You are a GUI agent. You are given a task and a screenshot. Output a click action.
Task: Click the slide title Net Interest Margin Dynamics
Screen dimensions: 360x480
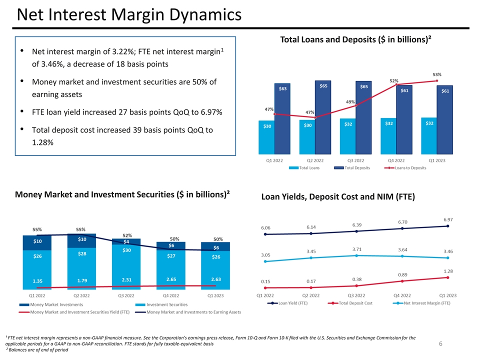(129, 16)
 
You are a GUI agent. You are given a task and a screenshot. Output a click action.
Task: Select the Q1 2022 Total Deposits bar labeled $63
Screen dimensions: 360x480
(282, 120)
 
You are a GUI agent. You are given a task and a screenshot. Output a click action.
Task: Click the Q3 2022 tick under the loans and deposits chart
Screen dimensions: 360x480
(356, 160)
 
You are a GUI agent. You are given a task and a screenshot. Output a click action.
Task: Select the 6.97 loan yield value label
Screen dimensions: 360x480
(448, 219)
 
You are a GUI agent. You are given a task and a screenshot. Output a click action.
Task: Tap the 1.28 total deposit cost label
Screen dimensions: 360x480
(448, 271)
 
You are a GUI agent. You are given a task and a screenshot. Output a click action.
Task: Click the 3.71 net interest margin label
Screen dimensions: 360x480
(356, 249)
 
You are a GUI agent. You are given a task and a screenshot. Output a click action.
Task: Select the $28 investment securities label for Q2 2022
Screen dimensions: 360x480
(82, 254)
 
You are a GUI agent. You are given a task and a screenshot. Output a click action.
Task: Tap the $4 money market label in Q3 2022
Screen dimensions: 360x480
(127, 242)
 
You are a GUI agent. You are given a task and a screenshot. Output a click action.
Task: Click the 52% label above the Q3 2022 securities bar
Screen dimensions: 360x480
(127, 235)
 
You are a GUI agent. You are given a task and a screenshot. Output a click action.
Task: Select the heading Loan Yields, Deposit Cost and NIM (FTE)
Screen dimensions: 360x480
(338, 197)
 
